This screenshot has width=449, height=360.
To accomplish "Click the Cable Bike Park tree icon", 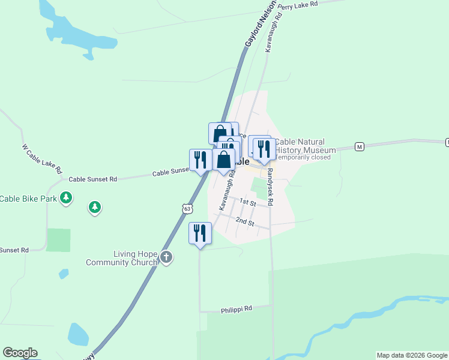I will (66, 198).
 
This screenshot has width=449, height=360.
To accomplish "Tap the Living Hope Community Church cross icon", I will (166, 258).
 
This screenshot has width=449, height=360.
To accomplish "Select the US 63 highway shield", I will (187, 208).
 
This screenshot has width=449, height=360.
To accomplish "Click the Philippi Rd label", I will (237, 308).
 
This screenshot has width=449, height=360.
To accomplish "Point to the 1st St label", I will (247, 202).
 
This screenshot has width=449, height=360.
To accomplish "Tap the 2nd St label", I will (244, 222).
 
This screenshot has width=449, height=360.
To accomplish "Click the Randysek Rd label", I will (270, 187).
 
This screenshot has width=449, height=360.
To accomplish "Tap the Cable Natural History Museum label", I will (305, 146).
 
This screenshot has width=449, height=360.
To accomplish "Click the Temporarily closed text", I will (303, 157).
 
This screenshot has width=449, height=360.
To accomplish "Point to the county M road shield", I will (360, 146).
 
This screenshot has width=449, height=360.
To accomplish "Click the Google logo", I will (20, 353).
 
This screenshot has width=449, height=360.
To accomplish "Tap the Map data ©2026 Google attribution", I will (412, 355).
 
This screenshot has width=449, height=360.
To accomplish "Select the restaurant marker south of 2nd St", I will (200, 233).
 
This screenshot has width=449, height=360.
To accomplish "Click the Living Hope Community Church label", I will (121, 258).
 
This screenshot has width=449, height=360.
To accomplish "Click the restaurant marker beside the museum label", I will (264, 149).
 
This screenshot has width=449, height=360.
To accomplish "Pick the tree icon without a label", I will (94, 208).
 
